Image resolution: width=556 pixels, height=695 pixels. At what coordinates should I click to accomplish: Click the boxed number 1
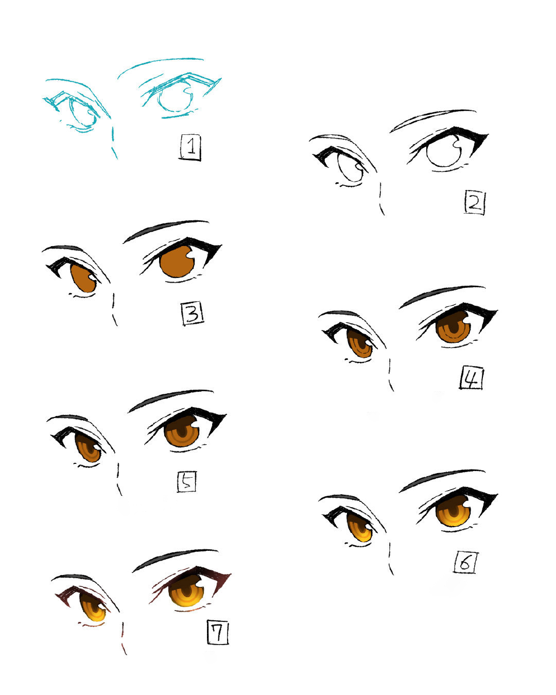[x=189, y=147]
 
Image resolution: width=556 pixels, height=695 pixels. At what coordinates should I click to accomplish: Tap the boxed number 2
[x=474, y=203]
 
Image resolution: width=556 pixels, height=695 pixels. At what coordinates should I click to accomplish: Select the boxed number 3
[x=193, y=314]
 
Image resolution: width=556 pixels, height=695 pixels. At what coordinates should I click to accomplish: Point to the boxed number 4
[x=472, y=378]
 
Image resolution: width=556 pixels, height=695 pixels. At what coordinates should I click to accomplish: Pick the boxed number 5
[x=186, y=482]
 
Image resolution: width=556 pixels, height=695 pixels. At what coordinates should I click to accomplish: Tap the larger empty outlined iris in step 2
[x=444, y=151]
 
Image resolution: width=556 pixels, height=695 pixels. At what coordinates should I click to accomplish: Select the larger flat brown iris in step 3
[x=178, y=262]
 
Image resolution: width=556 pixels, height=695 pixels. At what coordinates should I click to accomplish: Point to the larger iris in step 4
[x=453, y=327]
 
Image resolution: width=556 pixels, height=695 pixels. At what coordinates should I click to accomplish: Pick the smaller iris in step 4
[x=359, y=343]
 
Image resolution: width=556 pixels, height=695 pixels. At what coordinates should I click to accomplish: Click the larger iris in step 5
[x=182, y=431]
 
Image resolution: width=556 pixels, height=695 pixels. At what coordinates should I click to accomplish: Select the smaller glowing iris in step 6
[x=359, y=528]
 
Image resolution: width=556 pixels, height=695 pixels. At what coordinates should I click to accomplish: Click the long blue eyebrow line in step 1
[x=160, y=64]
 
